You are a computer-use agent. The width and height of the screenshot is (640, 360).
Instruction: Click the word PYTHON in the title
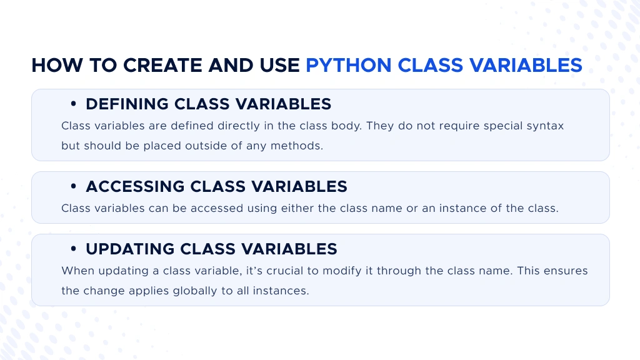point(349,65)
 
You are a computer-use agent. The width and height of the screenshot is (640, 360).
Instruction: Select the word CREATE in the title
point(162,65)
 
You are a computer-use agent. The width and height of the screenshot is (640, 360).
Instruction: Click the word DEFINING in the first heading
point(127,104)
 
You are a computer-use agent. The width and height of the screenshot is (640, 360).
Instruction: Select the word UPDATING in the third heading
point(130,249)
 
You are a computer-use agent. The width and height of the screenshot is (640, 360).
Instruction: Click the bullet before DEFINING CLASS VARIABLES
point(74,104)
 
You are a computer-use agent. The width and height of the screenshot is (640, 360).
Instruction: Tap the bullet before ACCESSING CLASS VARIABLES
point(74,186)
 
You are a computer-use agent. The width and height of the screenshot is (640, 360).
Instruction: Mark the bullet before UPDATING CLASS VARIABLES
point(74,249)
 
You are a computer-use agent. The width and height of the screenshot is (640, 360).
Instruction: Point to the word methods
point(297,146)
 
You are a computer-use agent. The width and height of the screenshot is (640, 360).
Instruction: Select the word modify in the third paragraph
point(342,271)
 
